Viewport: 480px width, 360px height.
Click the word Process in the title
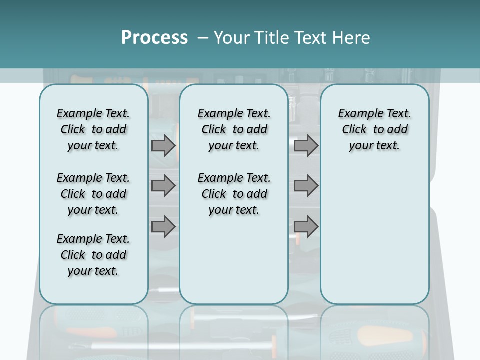[x=154, y=37]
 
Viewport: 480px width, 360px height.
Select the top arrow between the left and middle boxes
[x=163, y=145]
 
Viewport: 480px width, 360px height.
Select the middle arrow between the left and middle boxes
[x=163, y=186]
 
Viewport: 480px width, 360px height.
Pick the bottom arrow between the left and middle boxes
[x=163, y=227]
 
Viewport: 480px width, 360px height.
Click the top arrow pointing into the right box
[x=306, y=145]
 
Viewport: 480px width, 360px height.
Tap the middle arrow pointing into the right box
[x=306, y=186]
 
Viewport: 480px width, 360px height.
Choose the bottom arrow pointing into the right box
[x=306, y=227]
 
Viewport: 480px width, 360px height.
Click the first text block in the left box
[x=93, y=129]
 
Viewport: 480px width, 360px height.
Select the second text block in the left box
[x=93, y=194]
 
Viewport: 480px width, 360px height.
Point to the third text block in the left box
[x=93, y=255]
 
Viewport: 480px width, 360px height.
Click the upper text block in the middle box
[x=234, y=129]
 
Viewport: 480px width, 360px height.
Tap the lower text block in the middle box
[x=234, y=194]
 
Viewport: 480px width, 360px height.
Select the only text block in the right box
[x=374, y=129]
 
